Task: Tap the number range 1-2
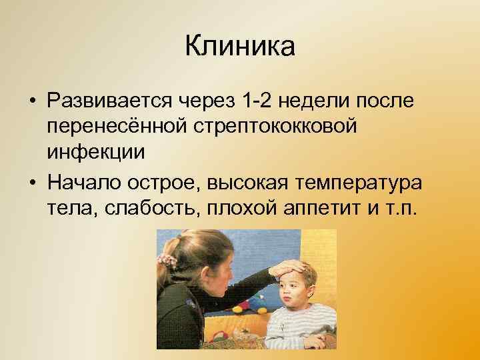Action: point(259,99)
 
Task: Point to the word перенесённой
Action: point(119,126)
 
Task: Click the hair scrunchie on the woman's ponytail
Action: point(167,256)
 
